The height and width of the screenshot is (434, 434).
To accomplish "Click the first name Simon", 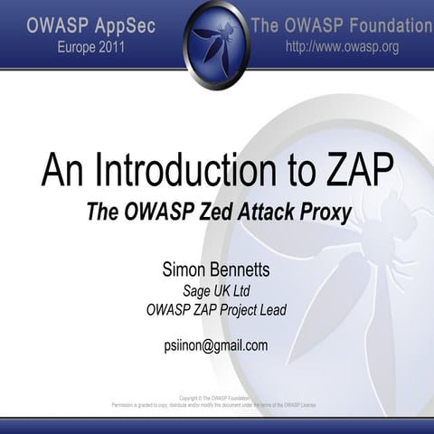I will [184, 269].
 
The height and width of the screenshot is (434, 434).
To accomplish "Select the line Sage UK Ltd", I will [216, 290].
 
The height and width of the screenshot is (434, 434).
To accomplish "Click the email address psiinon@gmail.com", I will [216, 344].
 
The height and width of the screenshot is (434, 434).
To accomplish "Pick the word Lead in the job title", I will [270, 309].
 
